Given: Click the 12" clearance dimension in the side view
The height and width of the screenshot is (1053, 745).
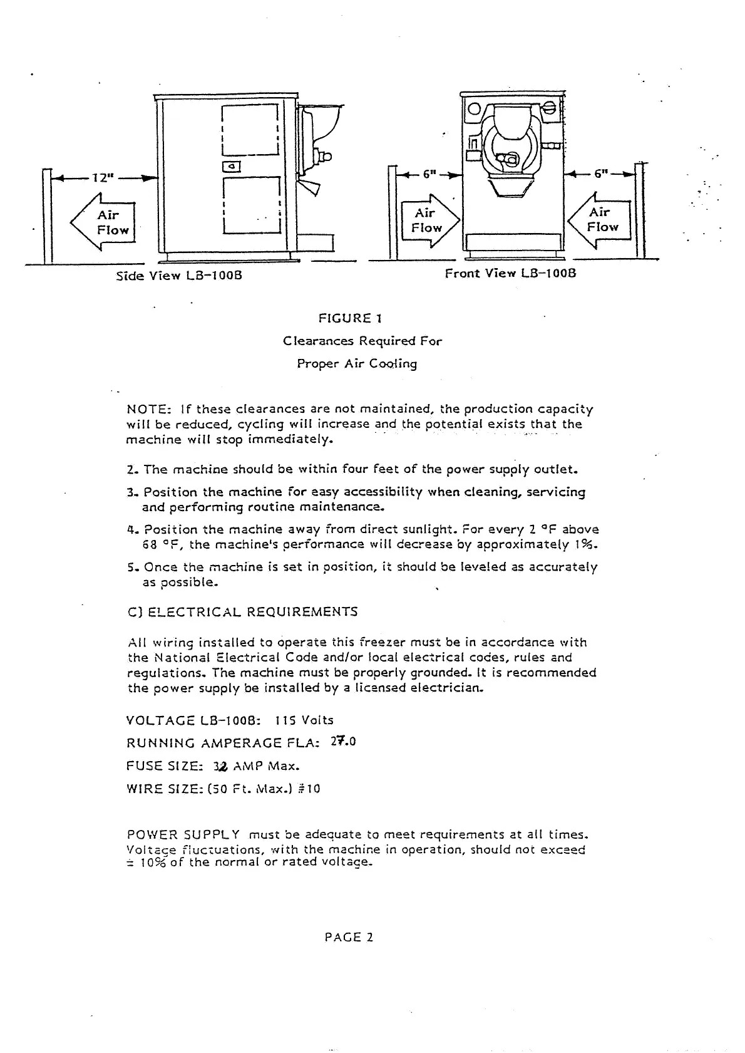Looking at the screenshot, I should coord(101,178).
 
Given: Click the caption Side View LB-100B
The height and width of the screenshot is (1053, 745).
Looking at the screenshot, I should coord(179,276).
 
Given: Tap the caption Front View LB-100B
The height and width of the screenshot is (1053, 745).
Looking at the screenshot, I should coord(510,273).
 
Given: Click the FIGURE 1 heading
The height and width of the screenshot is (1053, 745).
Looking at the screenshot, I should coord(351,318).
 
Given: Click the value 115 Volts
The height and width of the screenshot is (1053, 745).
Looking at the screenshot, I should coord(307,720).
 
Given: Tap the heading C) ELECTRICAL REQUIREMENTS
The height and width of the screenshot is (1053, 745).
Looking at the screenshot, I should coord(242,611).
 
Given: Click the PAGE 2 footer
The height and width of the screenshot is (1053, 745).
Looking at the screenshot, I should coord(349,937).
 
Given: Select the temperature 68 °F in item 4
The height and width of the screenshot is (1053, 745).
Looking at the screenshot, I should coord(163,545).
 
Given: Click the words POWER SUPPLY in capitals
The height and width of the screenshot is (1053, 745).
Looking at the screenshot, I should coord(183,835).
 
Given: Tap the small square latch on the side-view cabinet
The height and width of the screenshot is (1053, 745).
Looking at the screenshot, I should coord(232,166).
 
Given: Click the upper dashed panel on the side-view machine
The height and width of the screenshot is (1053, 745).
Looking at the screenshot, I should coord(250,130).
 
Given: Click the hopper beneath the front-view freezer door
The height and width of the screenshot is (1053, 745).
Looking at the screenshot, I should coord(511,187).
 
